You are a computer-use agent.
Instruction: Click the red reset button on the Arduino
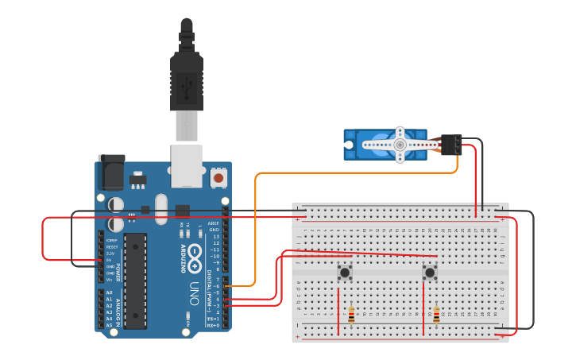tap(218, 178)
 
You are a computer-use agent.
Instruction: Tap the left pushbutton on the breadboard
tap(345, 273)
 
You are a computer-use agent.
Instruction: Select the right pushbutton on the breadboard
tap(430, 273)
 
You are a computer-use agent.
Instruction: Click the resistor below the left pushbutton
tap(351, 315)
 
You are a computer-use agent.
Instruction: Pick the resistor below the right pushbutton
tap(436, 315)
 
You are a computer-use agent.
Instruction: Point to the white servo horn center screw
tap(400, 145)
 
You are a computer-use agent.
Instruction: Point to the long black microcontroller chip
tap(135, 281)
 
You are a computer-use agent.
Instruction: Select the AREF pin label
tap(213, 223)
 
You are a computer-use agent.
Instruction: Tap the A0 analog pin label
tap(109, 292)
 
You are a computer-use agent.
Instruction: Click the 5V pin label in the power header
tap(109, 260)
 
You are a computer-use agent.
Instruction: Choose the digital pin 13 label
tap(215, 237)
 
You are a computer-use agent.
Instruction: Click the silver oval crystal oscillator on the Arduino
tap(161, 209)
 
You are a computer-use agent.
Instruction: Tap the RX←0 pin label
tap(212, 325)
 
